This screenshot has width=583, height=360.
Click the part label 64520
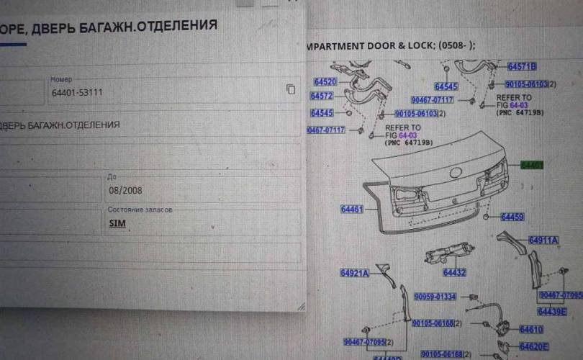(324, 82)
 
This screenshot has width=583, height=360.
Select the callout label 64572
(322, 96)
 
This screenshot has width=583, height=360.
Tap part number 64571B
(522, 67)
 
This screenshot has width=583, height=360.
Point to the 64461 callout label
(352, 210)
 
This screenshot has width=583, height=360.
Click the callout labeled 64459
(512, 217)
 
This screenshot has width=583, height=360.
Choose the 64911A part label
(543, 240)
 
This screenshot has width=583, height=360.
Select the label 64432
(454, 273)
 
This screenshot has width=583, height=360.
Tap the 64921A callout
(354, 273)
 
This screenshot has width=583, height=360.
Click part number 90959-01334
(434, 297)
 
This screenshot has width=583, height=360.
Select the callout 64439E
(551, 312)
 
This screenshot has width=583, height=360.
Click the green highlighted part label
(532, 165)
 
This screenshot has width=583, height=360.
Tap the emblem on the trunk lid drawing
(455, 173)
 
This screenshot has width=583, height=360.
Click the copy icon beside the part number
(291, 89)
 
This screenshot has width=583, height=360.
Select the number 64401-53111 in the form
(77, 93)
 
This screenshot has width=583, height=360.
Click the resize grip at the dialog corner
(300, 306)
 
